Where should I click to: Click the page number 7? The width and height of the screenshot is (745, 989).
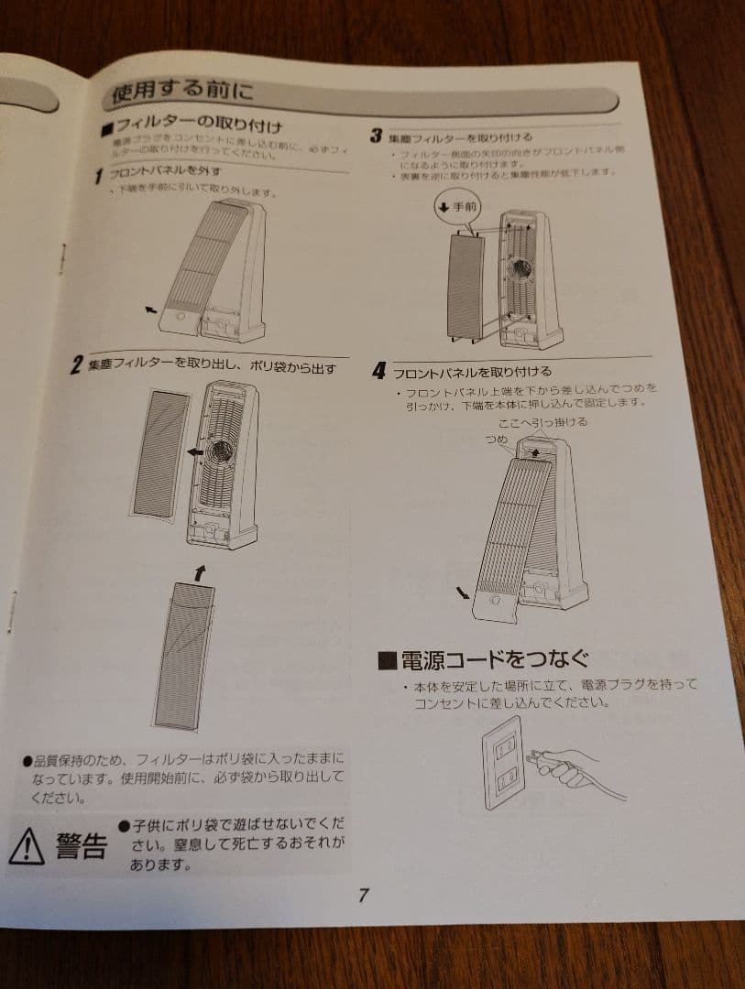363,896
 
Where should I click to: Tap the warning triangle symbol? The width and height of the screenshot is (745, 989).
27,847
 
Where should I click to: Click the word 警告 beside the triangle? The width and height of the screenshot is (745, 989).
81,846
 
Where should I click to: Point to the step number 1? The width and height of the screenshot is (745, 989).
99,176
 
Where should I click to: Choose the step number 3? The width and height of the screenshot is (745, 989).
376,136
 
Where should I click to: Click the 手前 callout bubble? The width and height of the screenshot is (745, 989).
458,207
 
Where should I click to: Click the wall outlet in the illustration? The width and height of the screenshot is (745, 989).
503,764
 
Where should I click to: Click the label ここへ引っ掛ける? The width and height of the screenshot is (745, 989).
542,421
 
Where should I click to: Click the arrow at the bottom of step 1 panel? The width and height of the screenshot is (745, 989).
151,311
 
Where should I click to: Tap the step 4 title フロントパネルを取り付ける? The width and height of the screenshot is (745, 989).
472,372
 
